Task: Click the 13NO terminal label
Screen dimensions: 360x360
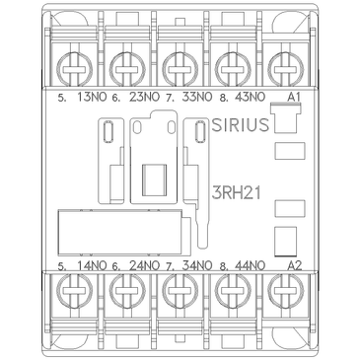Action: [88, 98]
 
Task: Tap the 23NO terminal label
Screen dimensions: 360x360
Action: [142, 98]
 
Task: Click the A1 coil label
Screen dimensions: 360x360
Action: [292, 98]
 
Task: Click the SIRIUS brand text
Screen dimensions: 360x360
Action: [241, 125]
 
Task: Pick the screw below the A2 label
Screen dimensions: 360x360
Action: [288, 294]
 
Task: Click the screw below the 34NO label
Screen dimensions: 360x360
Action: [180, 294]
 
